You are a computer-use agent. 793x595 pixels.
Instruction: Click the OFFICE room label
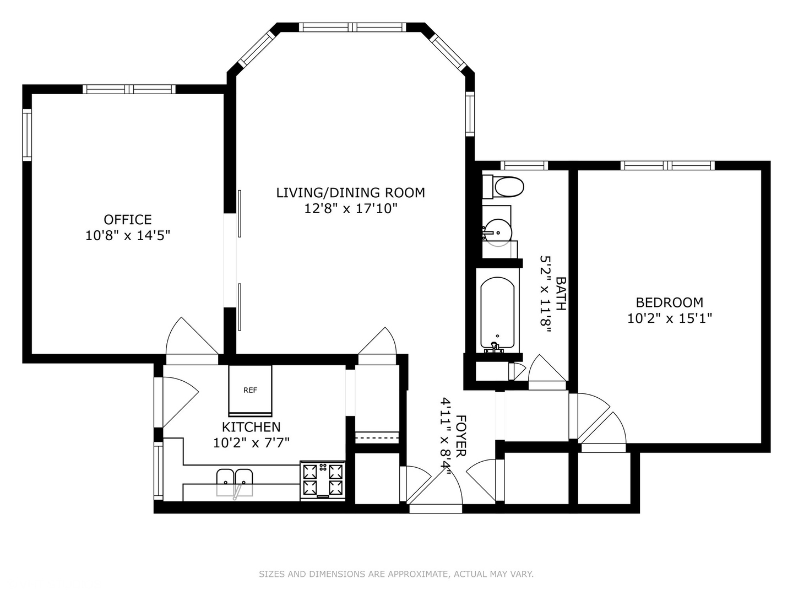[128, 219]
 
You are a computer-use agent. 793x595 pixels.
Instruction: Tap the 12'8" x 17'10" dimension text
[351, 209]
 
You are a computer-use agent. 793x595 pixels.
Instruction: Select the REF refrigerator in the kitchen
[250, 391]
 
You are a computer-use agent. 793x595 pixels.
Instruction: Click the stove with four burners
[323, 480]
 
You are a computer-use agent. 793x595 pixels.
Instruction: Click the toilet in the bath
[503, 187]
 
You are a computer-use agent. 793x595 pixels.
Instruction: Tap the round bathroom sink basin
[497, 232]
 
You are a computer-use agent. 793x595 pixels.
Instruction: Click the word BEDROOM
[670, 302]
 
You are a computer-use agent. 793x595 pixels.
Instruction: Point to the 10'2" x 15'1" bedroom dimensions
[670, 318]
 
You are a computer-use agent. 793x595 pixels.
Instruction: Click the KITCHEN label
[251, 427]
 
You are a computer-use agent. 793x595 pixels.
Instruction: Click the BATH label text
[561, 294]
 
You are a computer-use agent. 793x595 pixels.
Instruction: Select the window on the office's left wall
[27, 135]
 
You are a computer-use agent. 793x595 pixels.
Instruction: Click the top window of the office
[129, 89]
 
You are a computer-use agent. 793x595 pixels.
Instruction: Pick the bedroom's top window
[667, 165]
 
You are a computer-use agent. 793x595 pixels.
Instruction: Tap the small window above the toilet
[524, 165]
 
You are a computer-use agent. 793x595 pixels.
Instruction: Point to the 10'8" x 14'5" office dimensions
[128, 236]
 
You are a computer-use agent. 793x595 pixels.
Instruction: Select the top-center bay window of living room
[352, 27]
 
